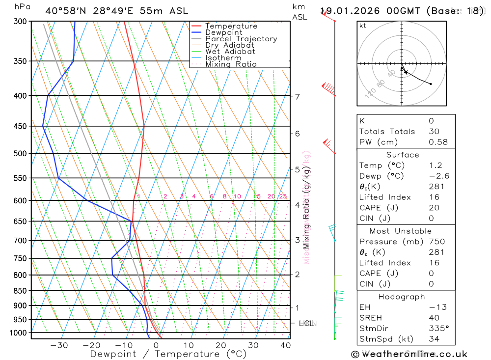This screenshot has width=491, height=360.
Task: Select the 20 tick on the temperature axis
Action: coord(220,345)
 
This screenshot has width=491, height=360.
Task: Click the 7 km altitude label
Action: coord(298,96)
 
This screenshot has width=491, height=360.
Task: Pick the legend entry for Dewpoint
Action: coord(224,32)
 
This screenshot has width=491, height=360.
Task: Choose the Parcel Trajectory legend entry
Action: coord(241,39)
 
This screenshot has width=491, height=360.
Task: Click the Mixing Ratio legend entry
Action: coord(231,64)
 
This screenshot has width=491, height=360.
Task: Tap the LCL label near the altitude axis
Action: coord(307,323)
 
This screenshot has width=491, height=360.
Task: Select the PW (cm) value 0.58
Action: coord(438,142)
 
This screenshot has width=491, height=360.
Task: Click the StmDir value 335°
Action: coord(439,329)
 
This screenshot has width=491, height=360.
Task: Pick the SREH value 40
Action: coord(434,318)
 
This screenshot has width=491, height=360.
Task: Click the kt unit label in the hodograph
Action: coord(363,26)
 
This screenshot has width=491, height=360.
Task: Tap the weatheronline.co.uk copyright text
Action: coord(409,354)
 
